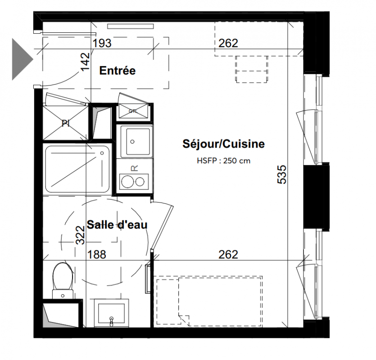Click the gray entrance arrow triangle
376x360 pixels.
click(22, 59)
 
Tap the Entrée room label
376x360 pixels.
click(118, 71)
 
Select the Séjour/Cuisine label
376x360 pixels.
click(223, 144)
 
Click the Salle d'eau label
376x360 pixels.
click(117, 225)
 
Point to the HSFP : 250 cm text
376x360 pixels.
click(223, 161)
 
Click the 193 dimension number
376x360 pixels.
click(102, 43)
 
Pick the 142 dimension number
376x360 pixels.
click(86, 62)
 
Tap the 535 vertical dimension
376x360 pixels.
click(282, 175)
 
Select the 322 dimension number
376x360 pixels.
click(80, 235)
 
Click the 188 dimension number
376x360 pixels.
click(97, 255)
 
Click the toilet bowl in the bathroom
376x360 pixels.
click(63, 276)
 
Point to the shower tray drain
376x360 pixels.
click(102, 153)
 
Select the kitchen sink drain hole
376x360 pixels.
click(132, 142)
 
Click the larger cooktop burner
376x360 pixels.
click(127, 182)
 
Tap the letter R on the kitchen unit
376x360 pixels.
click(135, 168)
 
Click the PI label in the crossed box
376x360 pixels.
click(65, 123)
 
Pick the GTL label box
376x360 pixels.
click(133, 111)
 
